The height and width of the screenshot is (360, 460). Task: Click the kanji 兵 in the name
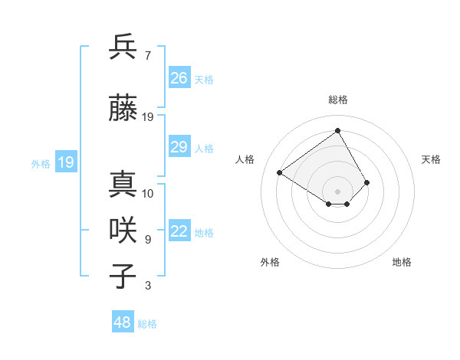123,47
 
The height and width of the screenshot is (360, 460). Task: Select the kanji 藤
123,109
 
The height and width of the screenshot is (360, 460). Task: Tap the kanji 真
123,185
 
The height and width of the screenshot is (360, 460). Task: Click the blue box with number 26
179,77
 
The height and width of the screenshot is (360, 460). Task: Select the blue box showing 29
179,147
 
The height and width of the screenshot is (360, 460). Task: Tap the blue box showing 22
179,232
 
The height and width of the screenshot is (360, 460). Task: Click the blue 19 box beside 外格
66,162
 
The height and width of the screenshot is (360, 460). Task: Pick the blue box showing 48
123,322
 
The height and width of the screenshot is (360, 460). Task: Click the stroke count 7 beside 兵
148,55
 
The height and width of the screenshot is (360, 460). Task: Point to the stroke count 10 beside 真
148,193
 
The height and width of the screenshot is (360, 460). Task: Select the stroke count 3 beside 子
148,286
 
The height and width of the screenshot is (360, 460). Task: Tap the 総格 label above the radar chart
338,100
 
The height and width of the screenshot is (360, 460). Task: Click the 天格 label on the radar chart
431,159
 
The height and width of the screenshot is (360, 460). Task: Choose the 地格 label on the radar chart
402,262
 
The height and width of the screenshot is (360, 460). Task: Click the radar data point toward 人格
280,173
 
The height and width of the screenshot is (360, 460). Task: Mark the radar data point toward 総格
337,131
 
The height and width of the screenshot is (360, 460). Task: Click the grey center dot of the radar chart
337,191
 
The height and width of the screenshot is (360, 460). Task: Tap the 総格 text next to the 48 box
147,324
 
